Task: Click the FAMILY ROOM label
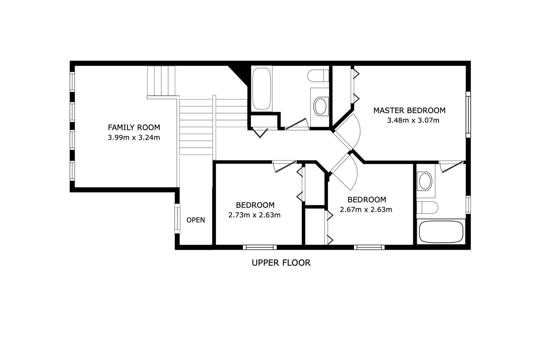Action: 134,127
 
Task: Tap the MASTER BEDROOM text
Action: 409,110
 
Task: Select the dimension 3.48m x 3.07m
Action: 413,120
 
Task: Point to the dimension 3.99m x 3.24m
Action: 134,138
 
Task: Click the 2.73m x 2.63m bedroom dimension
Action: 254,215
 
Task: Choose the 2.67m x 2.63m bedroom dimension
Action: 366,209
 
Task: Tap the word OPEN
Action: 196,220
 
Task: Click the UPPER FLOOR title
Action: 281,263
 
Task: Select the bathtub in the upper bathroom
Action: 262,89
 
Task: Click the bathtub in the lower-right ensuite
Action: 441,232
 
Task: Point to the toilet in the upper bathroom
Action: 318,75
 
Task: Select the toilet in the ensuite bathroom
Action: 427,207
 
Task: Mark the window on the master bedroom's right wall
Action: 468,115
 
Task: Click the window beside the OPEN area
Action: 177,219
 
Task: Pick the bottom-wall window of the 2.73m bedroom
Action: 260,247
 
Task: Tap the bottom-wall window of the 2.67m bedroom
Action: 369,247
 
